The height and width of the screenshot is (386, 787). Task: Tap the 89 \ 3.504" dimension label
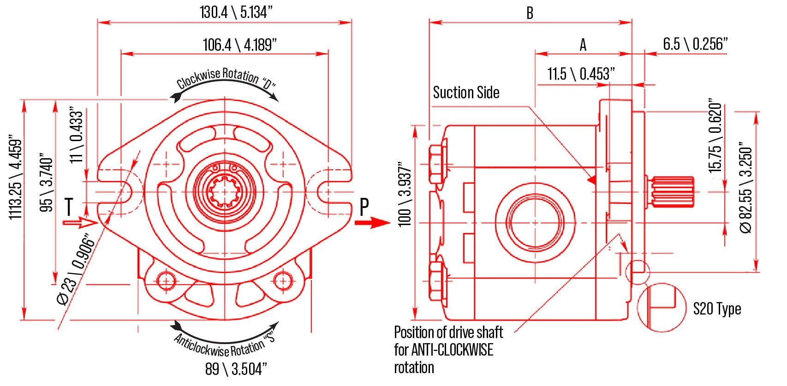(236, 369)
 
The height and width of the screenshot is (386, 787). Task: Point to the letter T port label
(69, 207)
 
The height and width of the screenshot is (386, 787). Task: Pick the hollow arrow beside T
(80, 223)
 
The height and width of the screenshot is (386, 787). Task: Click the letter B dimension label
(530, 13)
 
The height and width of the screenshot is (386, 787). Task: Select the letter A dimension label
(583, 45)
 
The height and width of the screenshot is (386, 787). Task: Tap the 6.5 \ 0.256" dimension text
(695, 44)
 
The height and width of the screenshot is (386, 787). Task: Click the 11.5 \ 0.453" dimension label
(581, 74)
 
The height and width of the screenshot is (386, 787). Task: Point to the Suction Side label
(466, 93)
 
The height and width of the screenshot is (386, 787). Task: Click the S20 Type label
(717, 309)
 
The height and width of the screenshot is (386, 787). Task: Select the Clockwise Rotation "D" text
(226, 78)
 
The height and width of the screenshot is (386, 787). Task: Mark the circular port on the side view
(535, 223)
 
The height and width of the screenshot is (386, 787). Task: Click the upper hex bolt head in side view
(437, 164)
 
